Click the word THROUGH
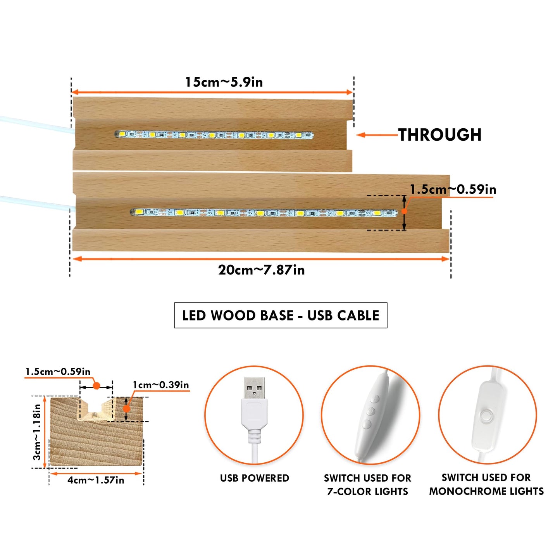pos(439,135)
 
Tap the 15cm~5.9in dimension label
pos(224,82)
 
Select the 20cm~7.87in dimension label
pos(262,270)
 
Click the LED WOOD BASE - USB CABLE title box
pos(281,315)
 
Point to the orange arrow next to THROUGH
pos(377,135)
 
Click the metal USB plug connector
pos(254,388)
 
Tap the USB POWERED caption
pos(254,478)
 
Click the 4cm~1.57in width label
pos(96,480)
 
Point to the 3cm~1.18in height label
pos(37,432)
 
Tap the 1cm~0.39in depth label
pos(161,385)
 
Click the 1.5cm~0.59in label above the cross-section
pos(58,372)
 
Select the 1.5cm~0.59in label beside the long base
pos(453,190)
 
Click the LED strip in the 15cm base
pos(214,134)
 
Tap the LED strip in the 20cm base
pos(264,213)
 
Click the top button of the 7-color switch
pos(376,399)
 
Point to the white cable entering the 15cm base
pos(36,124)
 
